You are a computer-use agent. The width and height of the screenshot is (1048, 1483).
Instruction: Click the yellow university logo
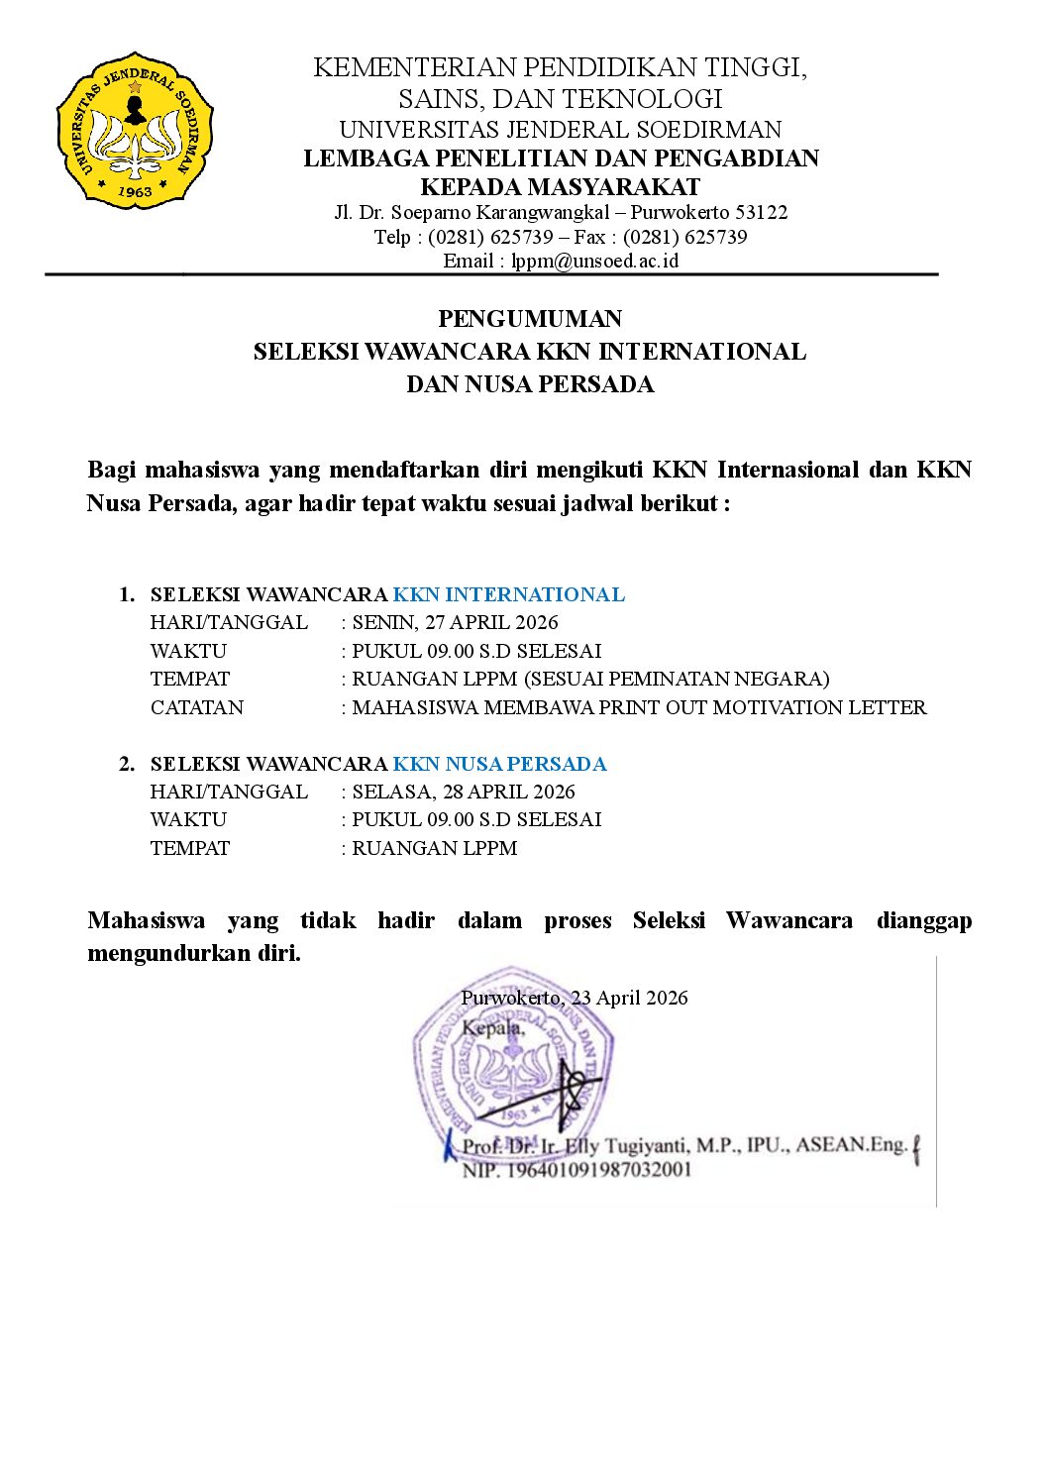pyautogui.click(x=136, y=130)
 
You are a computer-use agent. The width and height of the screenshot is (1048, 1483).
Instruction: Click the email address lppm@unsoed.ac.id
pyautogui.click(x=594, y=262)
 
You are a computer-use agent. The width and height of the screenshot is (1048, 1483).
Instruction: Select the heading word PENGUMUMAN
pyautogui.click(x=530, y=319)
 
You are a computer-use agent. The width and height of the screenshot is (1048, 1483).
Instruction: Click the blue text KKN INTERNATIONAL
pyautogui.click(x=508, y=594)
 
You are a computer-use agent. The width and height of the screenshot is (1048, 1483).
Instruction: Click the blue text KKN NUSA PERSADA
pyautogui.click(x=499, y=764)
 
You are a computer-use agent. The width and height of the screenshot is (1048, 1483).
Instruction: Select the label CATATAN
pyautogui.click(x=197, y=707)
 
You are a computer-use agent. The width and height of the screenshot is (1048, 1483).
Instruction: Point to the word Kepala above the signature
pyautogui.click(x=492, y=1028)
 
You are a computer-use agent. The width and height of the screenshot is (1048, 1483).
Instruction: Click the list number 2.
pyautogui.click(x=126, y=764)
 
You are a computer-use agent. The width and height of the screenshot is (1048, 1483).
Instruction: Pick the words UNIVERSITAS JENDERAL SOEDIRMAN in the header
pyautogui.click(x=561, y=130)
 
